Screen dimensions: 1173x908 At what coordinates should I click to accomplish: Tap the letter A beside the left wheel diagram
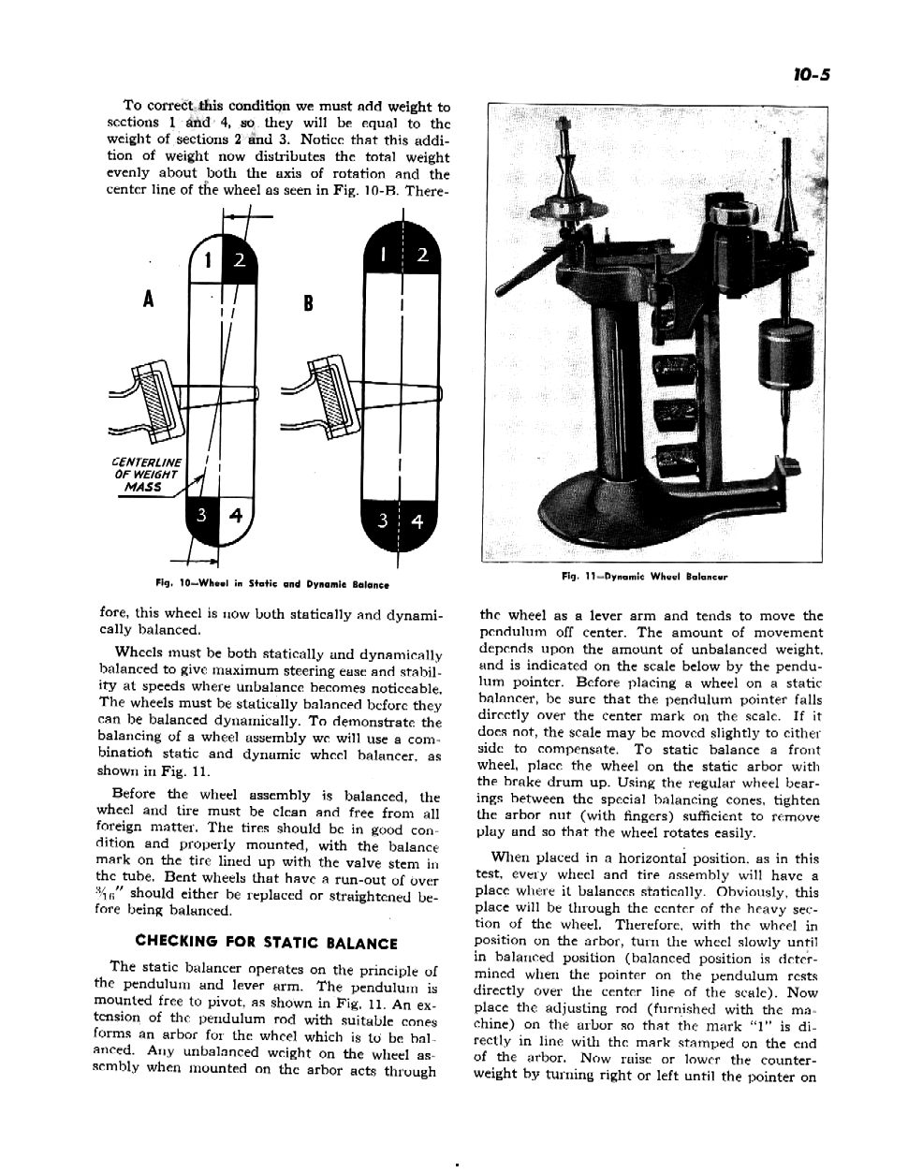coord(148,299)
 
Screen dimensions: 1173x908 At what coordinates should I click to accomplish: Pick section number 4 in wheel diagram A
coord(236,514)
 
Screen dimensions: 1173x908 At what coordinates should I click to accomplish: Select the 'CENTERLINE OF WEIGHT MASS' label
coord(146,475)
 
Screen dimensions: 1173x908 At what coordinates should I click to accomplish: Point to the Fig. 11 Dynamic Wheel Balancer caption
coord(645,577)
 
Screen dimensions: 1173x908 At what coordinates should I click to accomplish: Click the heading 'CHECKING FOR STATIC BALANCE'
coord(267,943)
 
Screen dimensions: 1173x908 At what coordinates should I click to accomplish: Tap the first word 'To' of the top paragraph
coord(133,107)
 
